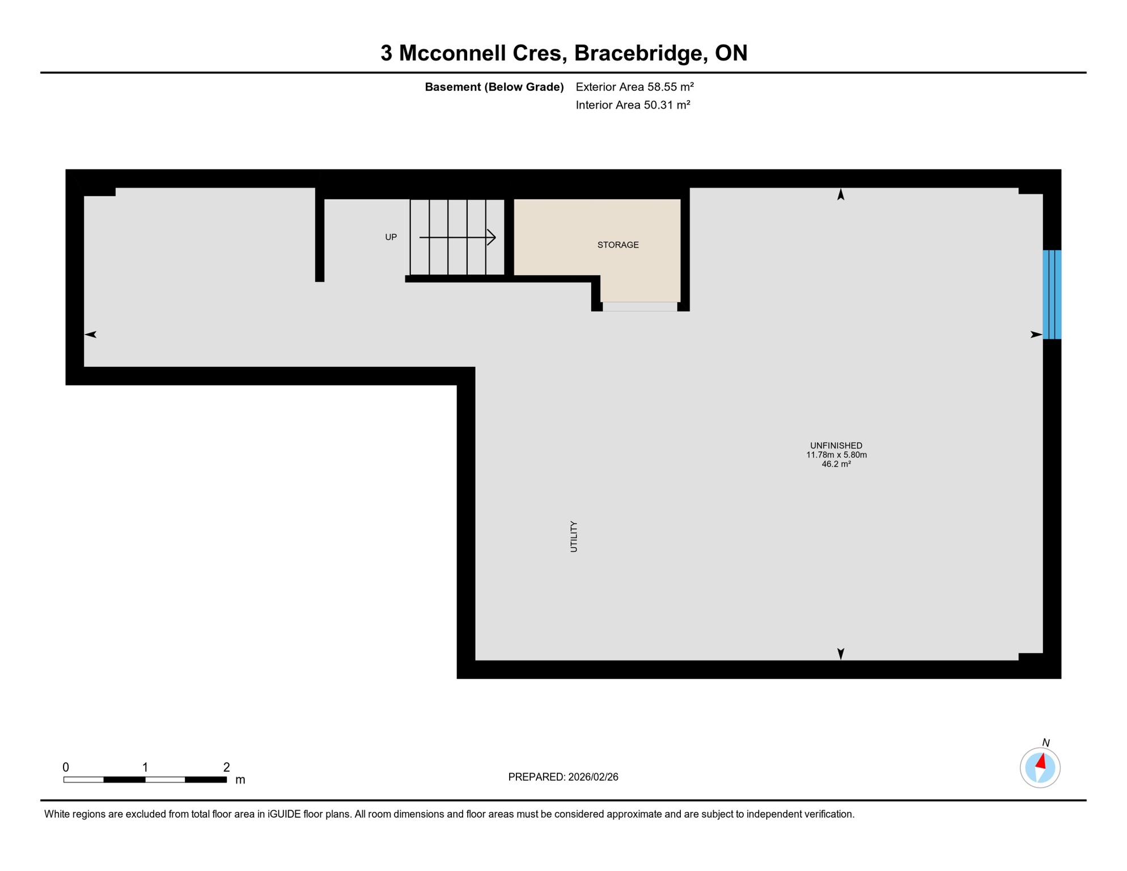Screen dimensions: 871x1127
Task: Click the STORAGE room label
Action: [x=618, y=245]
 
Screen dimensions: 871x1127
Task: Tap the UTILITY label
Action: [x=574, y=536]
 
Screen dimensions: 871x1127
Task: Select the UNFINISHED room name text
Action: [x=836, y=446]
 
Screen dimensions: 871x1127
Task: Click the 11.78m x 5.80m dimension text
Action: [x=836, y=455]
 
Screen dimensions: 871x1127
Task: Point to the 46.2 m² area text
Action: [x=836, y=464]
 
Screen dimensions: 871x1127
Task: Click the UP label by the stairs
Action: [x=391, y=237]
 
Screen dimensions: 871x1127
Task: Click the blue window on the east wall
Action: [x=1052, y=295]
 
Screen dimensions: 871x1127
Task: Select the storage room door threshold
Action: [x=639, y=307]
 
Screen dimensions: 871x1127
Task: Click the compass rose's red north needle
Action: [x=1041, y=761]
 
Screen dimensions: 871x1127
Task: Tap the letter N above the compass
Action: [x=1046, y=743]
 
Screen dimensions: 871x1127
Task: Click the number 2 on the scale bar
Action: [x=227, y=767]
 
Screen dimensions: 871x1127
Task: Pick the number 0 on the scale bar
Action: [x=66, y=767]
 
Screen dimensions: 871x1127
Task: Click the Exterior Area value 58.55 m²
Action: [x=671, y=87]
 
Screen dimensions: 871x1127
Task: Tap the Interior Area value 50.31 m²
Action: [x=667, y=105]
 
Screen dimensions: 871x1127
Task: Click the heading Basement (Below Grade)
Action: [x=494, y=87]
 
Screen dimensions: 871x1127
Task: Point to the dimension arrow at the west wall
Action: [x=91, y=335]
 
